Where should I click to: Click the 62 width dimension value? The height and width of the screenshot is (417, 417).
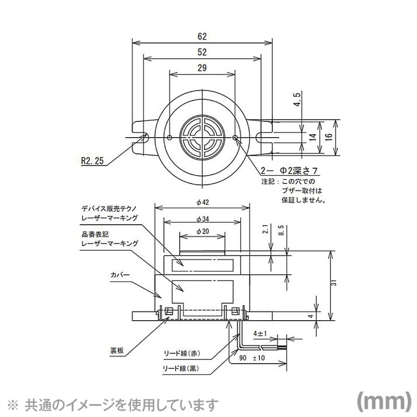click(202, 36)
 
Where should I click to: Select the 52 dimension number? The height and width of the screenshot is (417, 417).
click(202, 52)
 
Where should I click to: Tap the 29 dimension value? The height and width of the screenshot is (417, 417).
click(202, 68)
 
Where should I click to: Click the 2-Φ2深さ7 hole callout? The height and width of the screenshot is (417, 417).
click(290, 171)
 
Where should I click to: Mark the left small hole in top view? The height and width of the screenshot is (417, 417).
click(170, 138)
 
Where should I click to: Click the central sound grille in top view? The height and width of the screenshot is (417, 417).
click(202, 138)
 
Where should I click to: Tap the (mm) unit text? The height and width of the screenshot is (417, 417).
click(383, 401)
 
